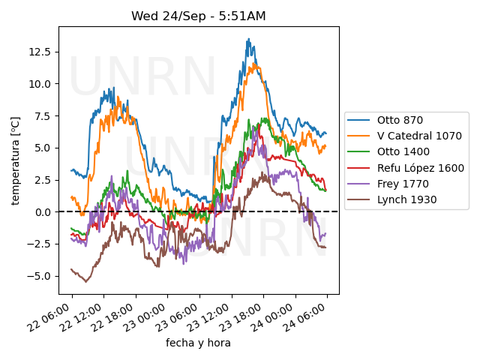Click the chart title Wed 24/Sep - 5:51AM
199,16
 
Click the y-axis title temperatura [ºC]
15,160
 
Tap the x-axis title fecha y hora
198,343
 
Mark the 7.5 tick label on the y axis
42,116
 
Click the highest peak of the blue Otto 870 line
248,40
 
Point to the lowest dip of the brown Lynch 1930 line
85,281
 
